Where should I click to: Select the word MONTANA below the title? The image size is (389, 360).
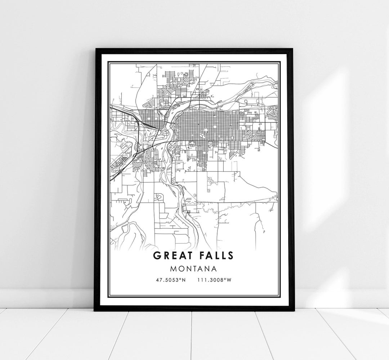point(194,269)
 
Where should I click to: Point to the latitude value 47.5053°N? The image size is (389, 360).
point(171,280)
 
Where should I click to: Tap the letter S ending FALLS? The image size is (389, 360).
point(231,255)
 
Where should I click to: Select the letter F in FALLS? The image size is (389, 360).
point(202,255)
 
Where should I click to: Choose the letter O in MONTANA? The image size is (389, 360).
point(183,269)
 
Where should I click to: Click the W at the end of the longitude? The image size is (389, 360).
point(229,280)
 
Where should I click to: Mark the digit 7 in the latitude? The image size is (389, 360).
point(161,280)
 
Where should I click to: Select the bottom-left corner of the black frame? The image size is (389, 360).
point(94,310)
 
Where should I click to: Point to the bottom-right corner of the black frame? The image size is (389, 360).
point(294,310)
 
